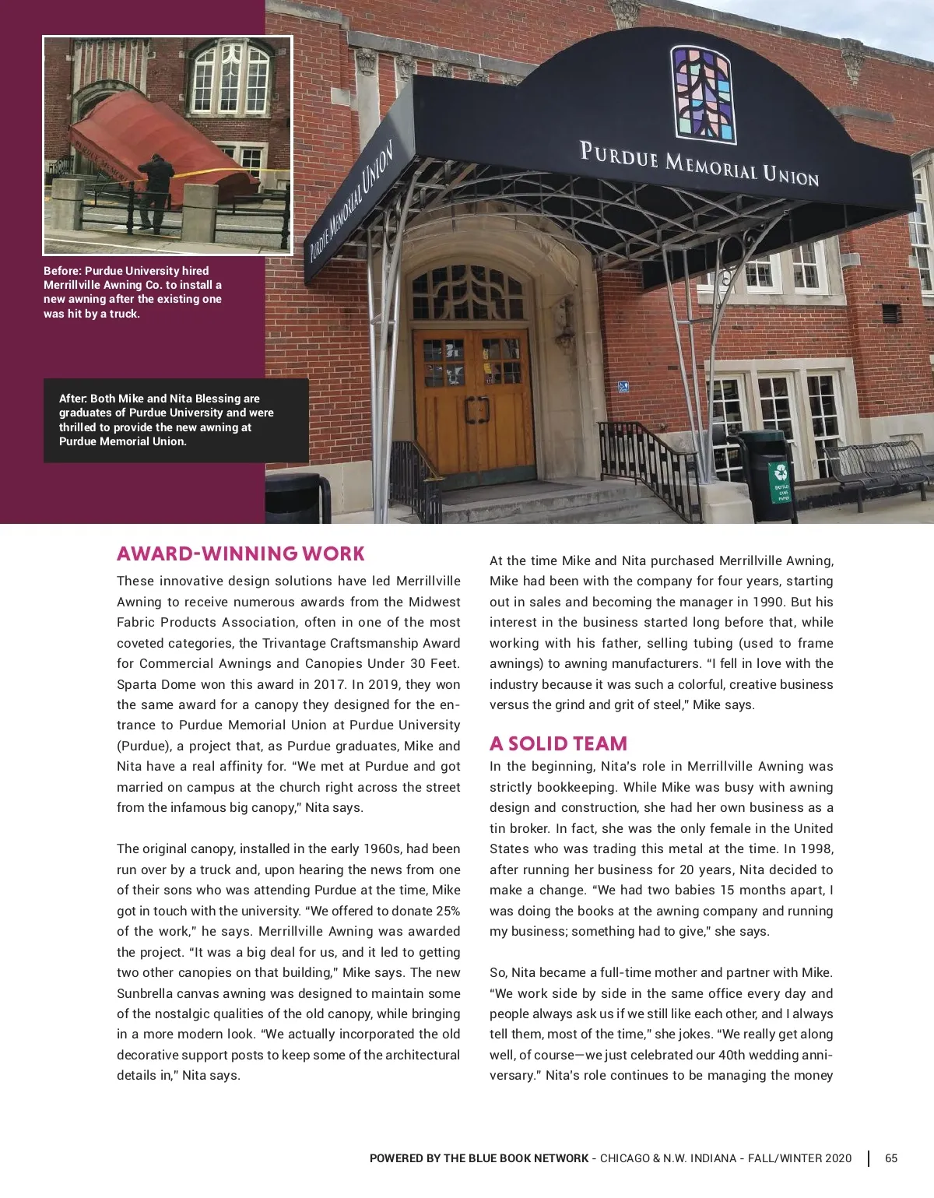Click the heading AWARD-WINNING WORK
(241, 553)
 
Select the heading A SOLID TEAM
(558, 743)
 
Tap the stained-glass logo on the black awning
(703, 95)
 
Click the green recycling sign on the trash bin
(780, 482)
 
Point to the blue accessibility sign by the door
(623, 386)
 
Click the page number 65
(891, 1158)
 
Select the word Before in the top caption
(62, 271)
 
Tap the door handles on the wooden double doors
(476, 410)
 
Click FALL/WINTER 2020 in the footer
(799, 1158)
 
